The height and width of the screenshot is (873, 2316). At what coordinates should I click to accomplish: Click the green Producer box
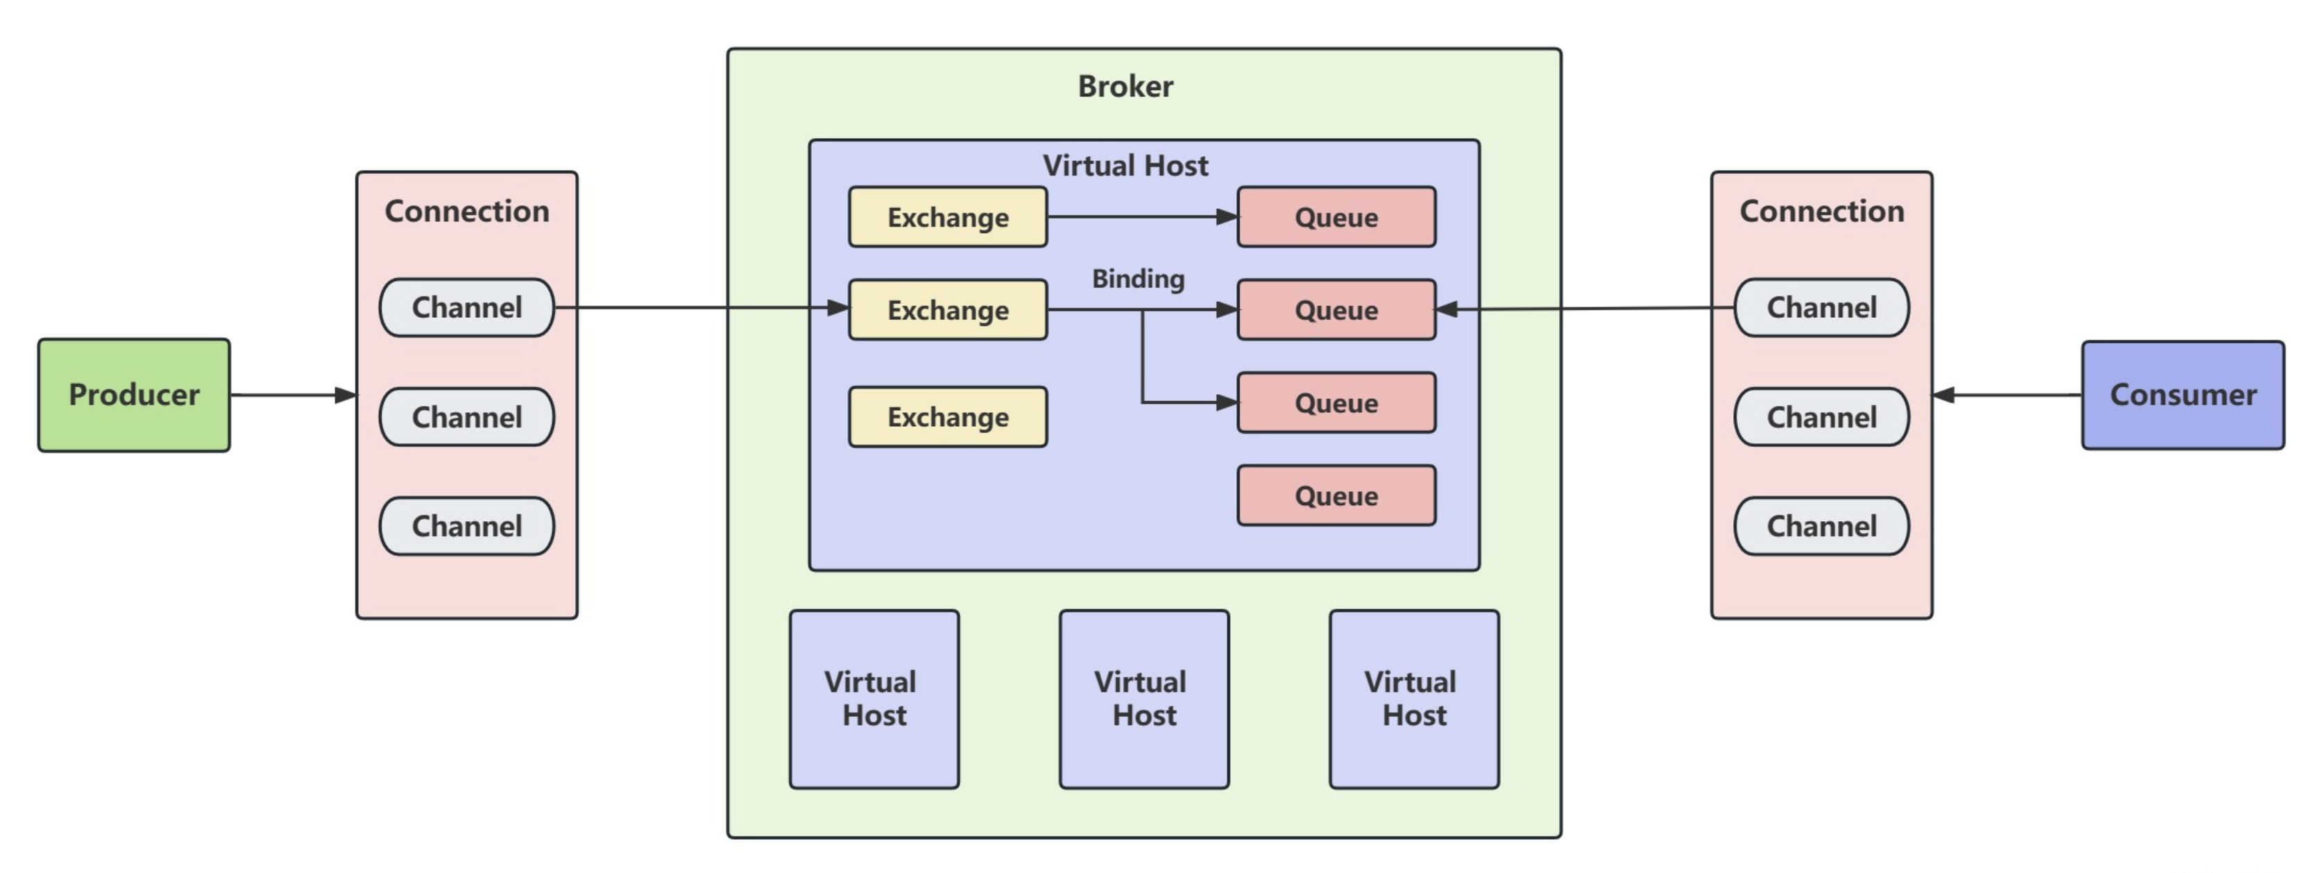coord(134,395)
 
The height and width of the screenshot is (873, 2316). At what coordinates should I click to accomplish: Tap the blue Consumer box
coord(2182,395)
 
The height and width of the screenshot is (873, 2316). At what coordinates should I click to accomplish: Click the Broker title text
coord(1125,86)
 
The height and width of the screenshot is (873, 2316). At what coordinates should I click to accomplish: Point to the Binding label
coord(1137,279)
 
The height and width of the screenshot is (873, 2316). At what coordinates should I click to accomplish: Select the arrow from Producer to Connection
coord(293,395)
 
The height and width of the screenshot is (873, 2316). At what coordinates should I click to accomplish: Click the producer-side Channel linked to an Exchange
coord(467,307)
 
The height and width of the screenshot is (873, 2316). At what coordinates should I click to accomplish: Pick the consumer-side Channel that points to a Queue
coord(1821,307)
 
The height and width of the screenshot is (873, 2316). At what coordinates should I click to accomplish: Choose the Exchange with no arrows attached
coord(948,417)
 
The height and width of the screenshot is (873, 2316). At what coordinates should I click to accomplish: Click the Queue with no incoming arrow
coord(1336,495)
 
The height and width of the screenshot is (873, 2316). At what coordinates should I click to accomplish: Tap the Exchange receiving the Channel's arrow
coord(948,310)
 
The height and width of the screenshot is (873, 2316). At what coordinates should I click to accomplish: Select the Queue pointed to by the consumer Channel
coord(1336,310)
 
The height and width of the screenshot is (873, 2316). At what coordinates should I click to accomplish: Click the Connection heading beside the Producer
coord(467,211)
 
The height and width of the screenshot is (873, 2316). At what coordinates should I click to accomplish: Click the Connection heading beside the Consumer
coord(1821,211)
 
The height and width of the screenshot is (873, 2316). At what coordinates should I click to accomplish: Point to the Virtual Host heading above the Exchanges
coord(1125,165)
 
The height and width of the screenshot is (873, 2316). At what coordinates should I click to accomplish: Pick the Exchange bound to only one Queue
coord(948,218)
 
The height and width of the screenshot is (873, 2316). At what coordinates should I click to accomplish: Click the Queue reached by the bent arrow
coord(1336,402)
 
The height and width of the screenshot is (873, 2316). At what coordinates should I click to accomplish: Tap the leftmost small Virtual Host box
coord(874,699)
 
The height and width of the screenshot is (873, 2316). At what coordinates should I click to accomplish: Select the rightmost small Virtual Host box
coord(1413,699)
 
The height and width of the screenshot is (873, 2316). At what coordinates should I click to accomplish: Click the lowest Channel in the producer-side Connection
coord(467,526)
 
